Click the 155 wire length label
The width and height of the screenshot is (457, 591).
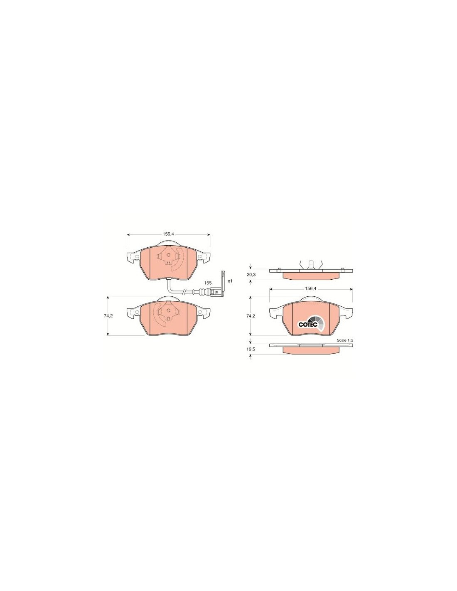tap(208, 283)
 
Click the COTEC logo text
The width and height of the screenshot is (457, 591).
tap(306, 325)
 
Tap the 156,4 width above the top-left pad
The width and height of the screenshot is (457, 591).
tap(168, 234)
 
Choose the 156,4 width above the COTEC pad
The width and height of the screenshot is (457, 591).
tap(310, 288)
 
